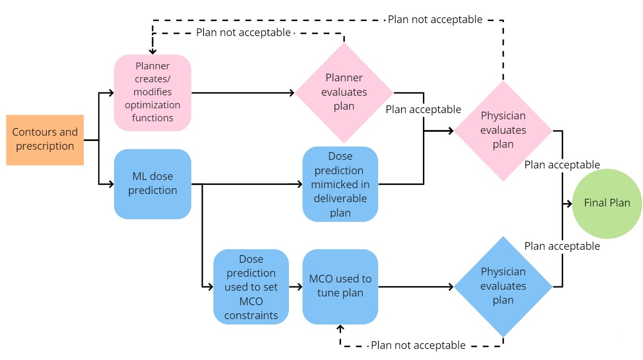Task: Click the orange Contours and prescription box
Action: pos(45,140)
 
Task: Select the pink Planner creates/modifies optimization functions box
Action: pos(152,92)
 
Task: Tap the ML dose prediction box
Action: pos(152,184)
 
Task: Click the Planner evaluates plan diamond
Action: pos(344,92)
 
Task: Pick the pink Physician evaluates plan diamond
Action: pos(503,130)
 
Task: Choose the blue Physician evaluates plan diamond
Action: pos(503,286)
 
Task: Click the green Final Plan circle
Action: pos(607,203)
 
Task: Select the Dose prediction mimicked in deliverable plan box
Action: pos(340,184)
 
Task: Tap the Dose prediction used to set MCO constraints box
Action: pos(251,287)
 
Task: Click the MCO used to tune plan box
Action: pos(340,286)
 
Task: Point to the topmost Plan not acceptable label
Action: pos(435,19)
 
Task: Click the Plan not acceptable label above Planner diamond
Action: pos(243,32)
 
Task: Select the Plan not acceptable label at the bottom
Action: pos(418,345)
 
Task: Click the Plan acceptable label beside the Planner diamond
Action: pos(423,109)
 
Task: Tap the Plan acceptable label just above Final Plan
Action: pos(562,165)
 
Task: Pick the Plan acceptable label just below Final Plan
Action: pos(562,246)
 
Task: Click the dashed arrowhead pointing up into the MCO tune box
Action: pos(341,328)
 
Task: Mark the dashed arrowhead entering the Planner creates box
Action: pos(152,51)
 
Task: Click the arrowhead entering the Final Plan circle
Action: pos(569,203)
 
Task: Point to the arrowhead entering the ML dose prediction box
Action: pos(111,184)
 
